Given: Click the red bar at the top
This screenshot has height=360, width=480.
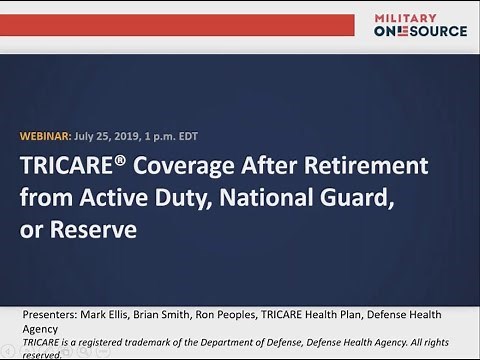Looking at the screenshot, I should pyautogui.click(x=180, y=25).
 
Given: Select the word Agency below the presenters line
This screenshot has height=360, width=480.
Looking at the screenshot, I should pyautogui.click(x=42, y=328).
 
